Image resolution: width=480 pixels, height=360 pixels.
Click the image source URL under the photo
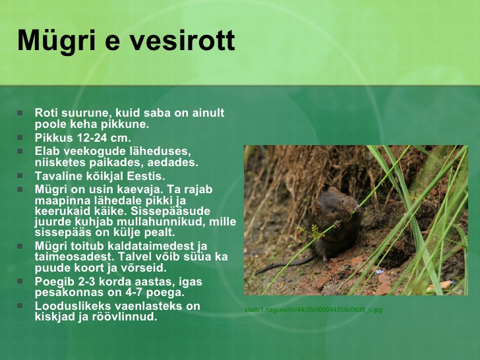[313, 310]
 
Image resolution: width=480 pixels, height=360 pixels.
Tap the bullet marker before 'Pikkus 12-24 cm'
[20, 137]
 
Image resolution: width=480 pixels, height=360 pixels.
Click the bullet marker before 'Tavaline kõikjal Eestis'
[20, 175]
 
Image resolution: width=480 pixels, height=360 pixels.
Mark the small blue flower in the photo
[380, 272]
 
